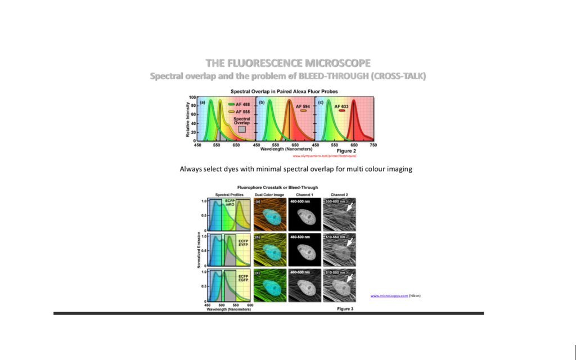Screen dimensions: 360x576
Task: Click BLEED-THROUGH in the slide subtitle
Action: [331, 76]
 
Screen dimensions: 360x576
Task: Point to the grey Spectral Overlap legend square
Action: [242, 129]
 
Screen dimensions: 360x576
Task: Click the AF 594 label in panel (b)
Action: [303, 106]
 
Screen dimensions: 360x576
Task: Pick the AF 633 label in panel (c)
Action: [341, 106]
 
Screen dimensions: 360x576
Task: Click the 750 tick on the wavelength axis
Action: [373, 145]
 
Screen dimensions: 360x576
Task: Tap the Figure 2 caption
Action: [346, 151]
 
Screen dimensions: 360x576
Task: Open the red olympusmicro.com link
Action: [325, 156]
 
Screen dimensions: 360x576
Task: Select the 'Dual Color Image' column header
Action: [269, 194]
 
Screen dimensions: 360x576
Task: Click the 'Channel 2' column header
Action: [339, 194]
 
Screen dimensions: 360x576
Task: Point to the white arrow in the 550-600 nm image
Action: [349, 208]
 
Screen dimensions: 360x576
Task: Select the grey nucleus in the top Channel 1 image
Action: [304, 215]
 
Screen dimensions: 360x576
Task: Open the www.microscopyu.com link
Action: [389, 295]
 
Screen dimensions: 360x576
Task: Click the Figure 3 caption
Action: [345, 309]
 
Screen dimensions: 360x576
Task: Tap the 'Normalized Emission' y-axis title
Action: [199, 250]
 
